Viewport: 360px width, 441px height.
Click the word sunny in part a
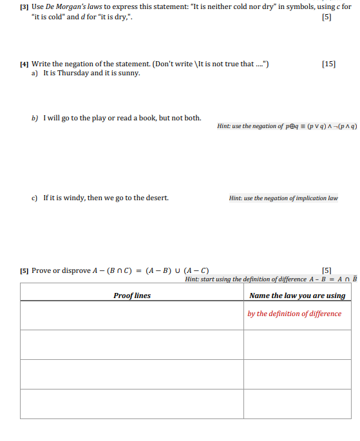pos(129,73)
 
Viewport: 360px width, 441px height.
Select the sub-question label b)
pos(35,118)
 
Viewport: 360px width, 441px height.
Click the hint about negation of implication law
pos(283,198)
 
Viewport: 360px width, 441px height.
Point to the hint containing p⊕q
pos(287,126)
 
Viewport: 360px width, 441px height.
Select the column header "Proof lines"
pos(131,296)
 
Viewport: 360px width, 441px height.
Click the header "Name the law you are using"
pos(297,296)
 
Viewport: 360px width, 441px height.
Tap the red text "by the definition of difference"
pos(294,314)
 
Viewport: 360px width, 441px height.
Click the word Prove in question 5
pos(41,270)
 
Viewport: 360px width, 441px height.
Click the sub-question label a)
pos(35,73)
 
